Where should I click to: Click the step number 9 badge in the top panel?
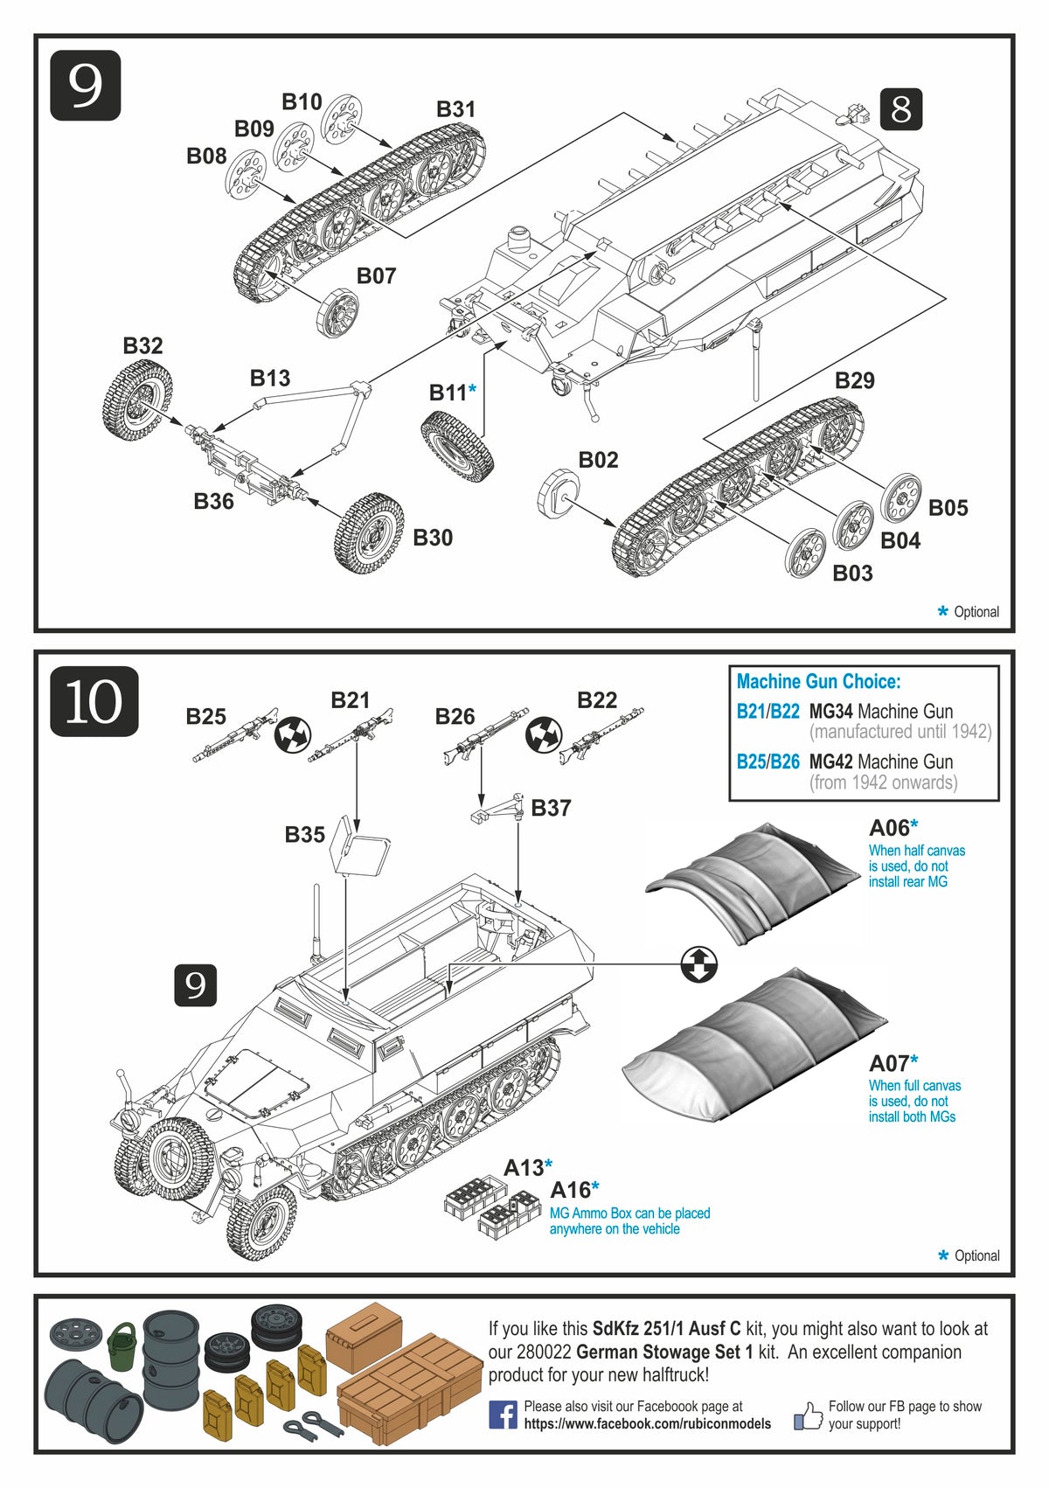[x=85, y=86]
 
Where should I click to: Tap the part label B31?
[x=455, y=109]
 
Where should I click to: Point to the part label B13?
[x=269, y=378]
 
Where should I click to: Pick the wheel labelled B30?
[x=369, y=532]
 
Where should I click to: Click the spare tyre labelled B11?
[x=456, y=446]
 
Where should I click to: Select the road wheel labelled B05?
[x=900, y=499]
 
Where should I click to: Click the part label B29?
[x=854, y=380]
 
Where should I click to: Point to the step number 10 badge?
[x=94, y=701]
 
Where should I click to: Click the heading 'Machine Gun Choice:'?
[x=818, y=682]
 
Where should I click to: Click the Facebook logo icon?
[x=503, y=1415]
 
